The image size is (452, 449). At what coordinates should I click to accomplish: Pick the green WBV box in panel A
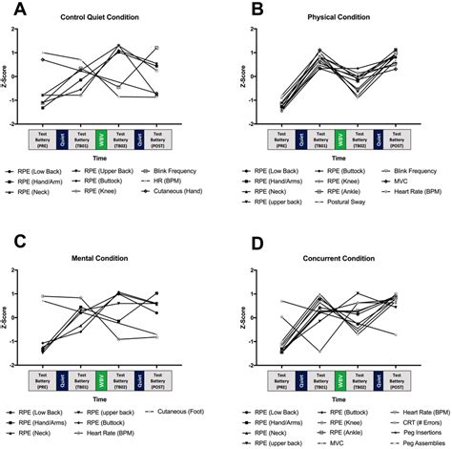(99, 138)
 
